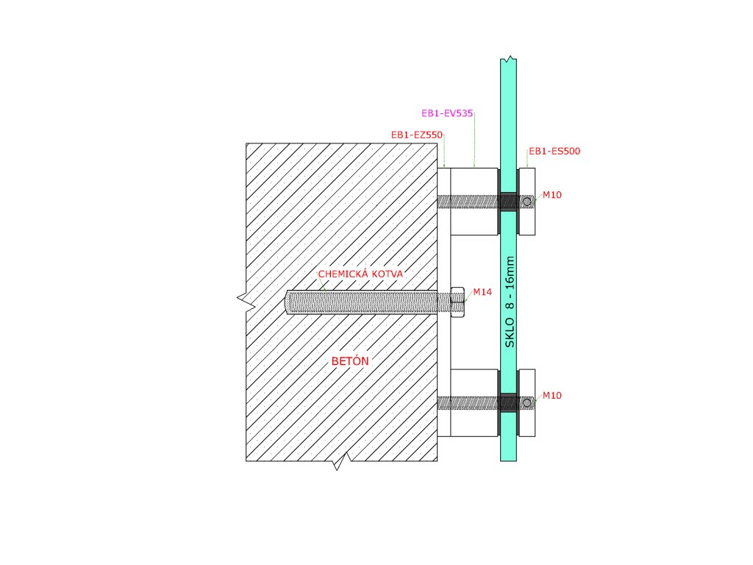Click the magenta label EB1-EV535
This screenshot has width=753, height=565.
(x=446, y=114)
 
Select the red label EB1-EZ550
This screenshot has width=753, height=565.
(x=416, y=135)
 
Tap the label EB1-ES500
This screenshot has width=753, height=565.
(x=554, y=152)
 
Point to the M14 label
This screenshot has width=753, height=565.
(x=482, y=292)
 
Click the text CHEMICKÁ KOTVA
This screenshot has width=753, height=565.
(x=361, y=274)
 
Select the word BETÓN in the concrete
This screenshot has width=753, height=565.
(x=349, y=362)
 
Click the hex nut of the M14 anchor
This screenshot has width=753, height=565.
(x=457, y=302)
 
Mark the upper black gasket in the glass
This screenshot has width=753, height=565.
(x=508, y=201)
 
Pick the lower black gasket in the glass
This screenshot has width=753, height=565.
(x=508, y=402)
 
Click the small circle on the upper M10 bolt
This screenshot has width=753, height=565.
(x=527, y=201)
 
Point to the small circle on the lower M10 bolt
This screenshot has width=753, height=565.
(x=527, y=402)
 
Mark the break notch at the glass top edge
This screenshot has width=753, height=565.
(x=507, y=57)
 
